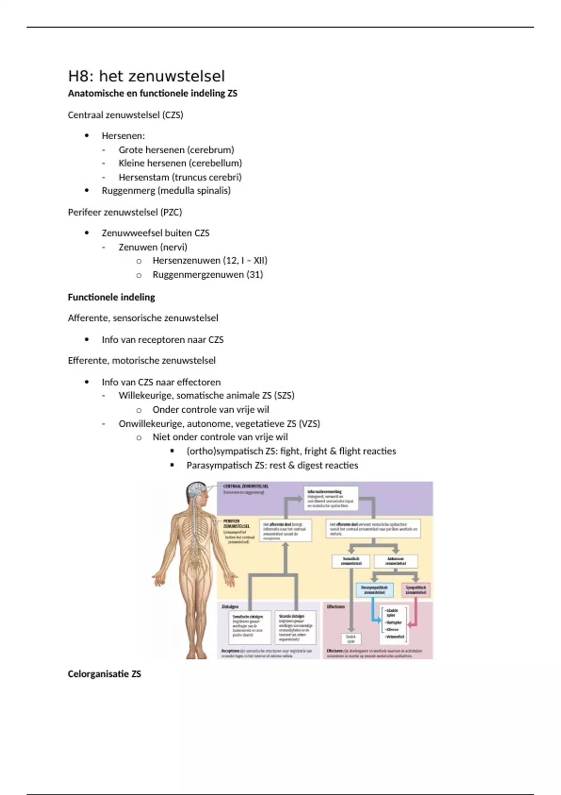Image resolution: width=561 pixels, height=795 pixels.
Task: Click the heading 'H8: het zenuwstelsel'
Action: point(146,76)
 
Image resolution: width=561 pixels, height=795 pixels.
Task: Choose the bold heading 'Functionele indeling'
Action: point(111,297)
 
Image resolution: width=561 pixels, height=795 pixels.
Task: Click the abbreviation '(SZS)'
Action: point(285,396)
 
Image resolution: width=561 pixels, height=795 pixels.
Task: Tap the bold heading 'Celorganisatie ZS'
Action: point(104,674)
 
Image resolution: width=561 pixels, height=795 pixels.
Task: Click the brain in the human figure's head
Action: point(196,490)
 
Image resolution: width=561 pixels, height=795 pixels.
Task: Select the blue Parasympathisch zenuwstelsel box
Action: point(374,590)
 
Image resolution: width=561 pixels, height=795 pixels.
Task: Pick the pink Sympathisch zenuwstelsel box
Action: point(416,590)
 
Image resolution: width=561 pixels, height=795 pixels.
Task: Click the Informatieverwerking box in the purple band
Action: point(332,498)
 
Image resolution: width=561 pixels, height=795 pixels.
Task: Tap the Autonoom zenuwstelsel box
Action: point(396,561)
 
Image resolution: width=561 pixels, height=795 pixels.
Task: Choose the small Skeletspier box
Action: point(351,639)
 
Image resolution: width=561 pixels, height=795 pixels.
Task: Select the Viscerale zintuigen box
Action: point(295,627)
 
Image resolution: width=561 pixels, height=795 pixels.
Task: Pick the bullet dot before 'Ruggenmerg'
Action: point(87,191)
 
